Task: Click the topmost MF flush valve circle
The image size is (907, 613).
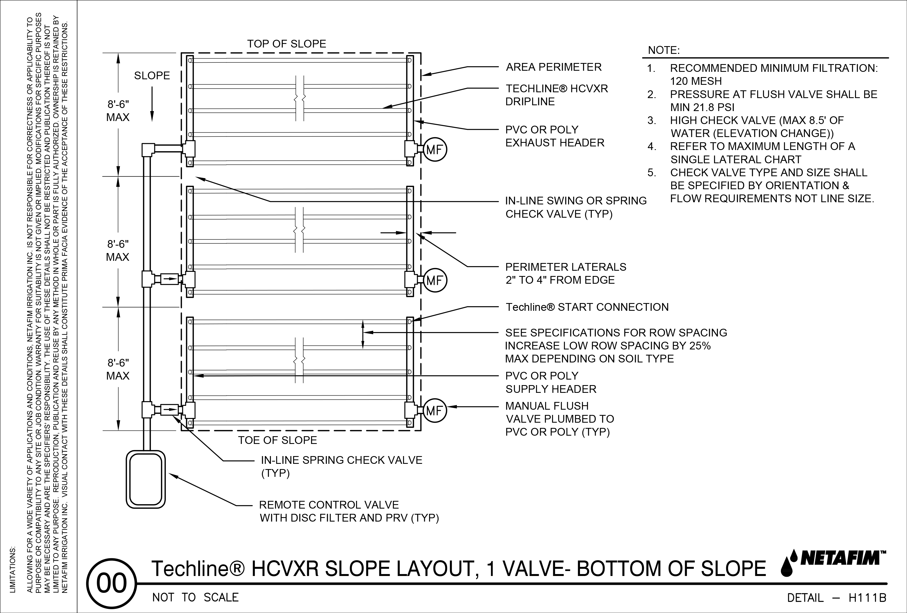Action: point(434,150)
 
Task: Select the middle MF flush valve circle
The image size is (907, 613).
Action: point(434,280)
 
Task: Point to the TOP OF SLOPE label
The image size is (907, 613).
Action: point(286,44)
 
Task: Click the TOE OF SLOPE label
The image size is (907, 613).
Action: point(278,440)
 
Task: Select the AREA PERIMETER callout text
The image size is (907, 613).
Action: point(553,67)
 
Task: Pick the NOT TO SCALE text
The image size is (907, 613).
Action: point(195,598)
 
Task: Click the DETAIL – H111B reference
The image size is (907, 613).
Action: point(836,598)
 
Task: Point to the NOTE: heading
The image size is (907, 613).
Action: point(663,50)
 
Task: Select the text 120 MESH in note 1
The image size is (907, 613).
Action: point(696,81)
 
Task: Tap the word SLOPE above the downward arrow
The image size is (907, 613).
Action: point(152,76)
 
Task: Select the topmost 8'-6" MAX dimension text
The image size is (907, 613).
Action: point(118,111)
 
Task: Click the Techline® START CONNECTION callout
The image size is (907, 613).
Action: point(587,307)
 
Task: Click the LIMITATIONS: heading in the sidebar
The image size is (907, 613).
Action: point(12,569)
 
